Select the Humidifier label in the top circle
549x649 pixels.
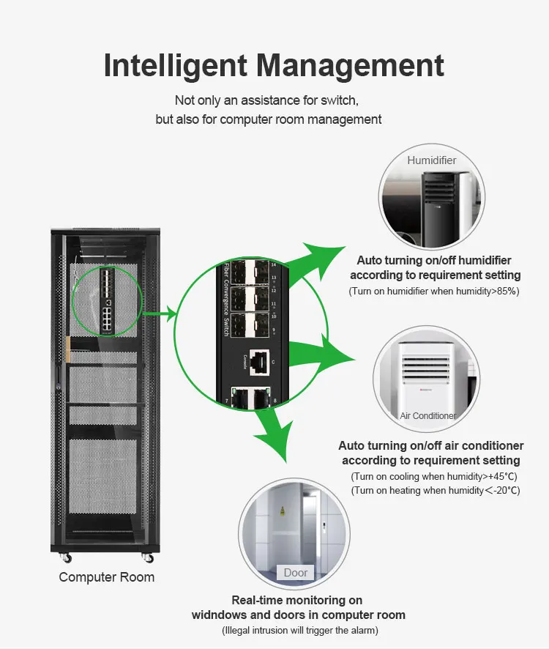click(x=431, y=160)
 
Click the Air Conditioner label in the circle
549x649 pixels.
click(x=428, y=415)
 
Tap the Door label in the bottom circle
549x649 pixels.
click(x=296, y=572)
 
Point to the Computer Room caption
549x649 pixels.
click(x=107, y=577)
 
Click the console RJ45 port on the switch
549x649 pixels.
click(x=260, y=360)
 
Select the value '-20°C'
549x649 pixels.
click(x=503, y=491)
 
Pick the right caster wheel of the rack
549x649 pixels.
click(x=149, y=558)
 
